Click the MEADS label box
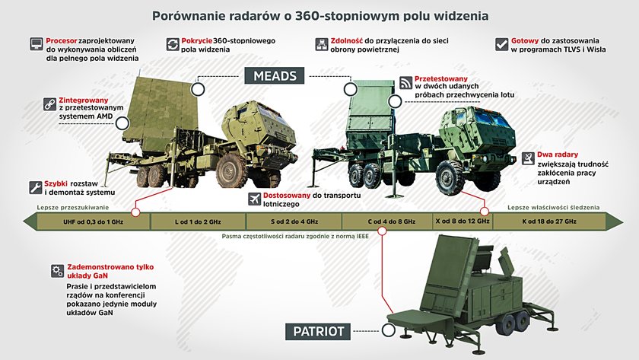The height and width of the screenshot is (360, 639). [x=275, y=76]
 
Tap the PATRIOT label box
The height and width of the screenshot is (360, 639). [x=318, y=331]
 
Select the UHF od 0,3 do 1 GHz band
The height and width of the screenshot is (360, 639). [x=94, y=221]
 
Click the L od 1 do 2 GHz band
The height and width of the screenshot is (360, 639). [x=198, y=221]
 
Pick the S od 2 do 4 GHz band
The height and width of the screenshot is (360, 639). [x=294, y=221]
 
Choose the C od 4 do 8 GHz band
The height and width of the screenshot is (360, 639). [x=387, y=221]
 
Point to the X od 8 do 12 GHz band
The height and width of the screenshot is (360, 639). [x=463, y=221]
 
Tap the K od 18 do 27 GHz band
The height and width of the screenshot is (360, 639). [x=549, y=221]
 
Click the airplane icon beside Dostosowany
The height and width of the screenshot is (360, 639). [x=255, y=199]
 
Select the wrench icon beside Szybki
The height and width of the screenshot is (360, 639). [x=36, y=187]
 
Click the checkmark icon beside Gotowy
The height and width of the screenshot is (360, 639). [x=501, y=44]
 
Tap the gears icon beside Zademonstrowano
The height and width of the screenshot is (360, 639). [x=58, y=271]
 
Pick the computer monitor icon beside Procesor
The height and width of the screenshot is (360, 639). [x=37, y=44]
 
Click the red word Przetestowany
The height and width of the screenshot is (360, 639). [x=441, y=78]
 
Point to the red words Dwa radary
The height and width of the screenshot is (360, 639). [x=557, y=155]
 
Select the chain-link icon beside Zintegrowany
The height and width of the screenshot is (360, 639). [x=49, y=104]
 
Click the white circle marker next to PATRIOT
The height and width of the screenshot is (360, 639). [x=389, y=330]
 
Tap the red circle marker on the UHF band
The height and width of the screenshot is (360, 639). [x=135, y=212]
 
